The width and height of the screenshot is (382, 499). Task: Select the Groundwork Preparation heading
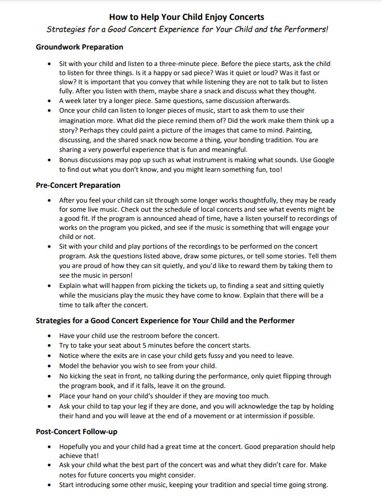click(79, 47)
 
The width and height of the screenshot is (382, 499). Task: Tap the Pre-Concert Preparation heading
click(78, 185)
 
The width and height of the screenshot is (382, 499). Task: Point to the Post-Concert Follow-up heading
click(77, 432)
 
